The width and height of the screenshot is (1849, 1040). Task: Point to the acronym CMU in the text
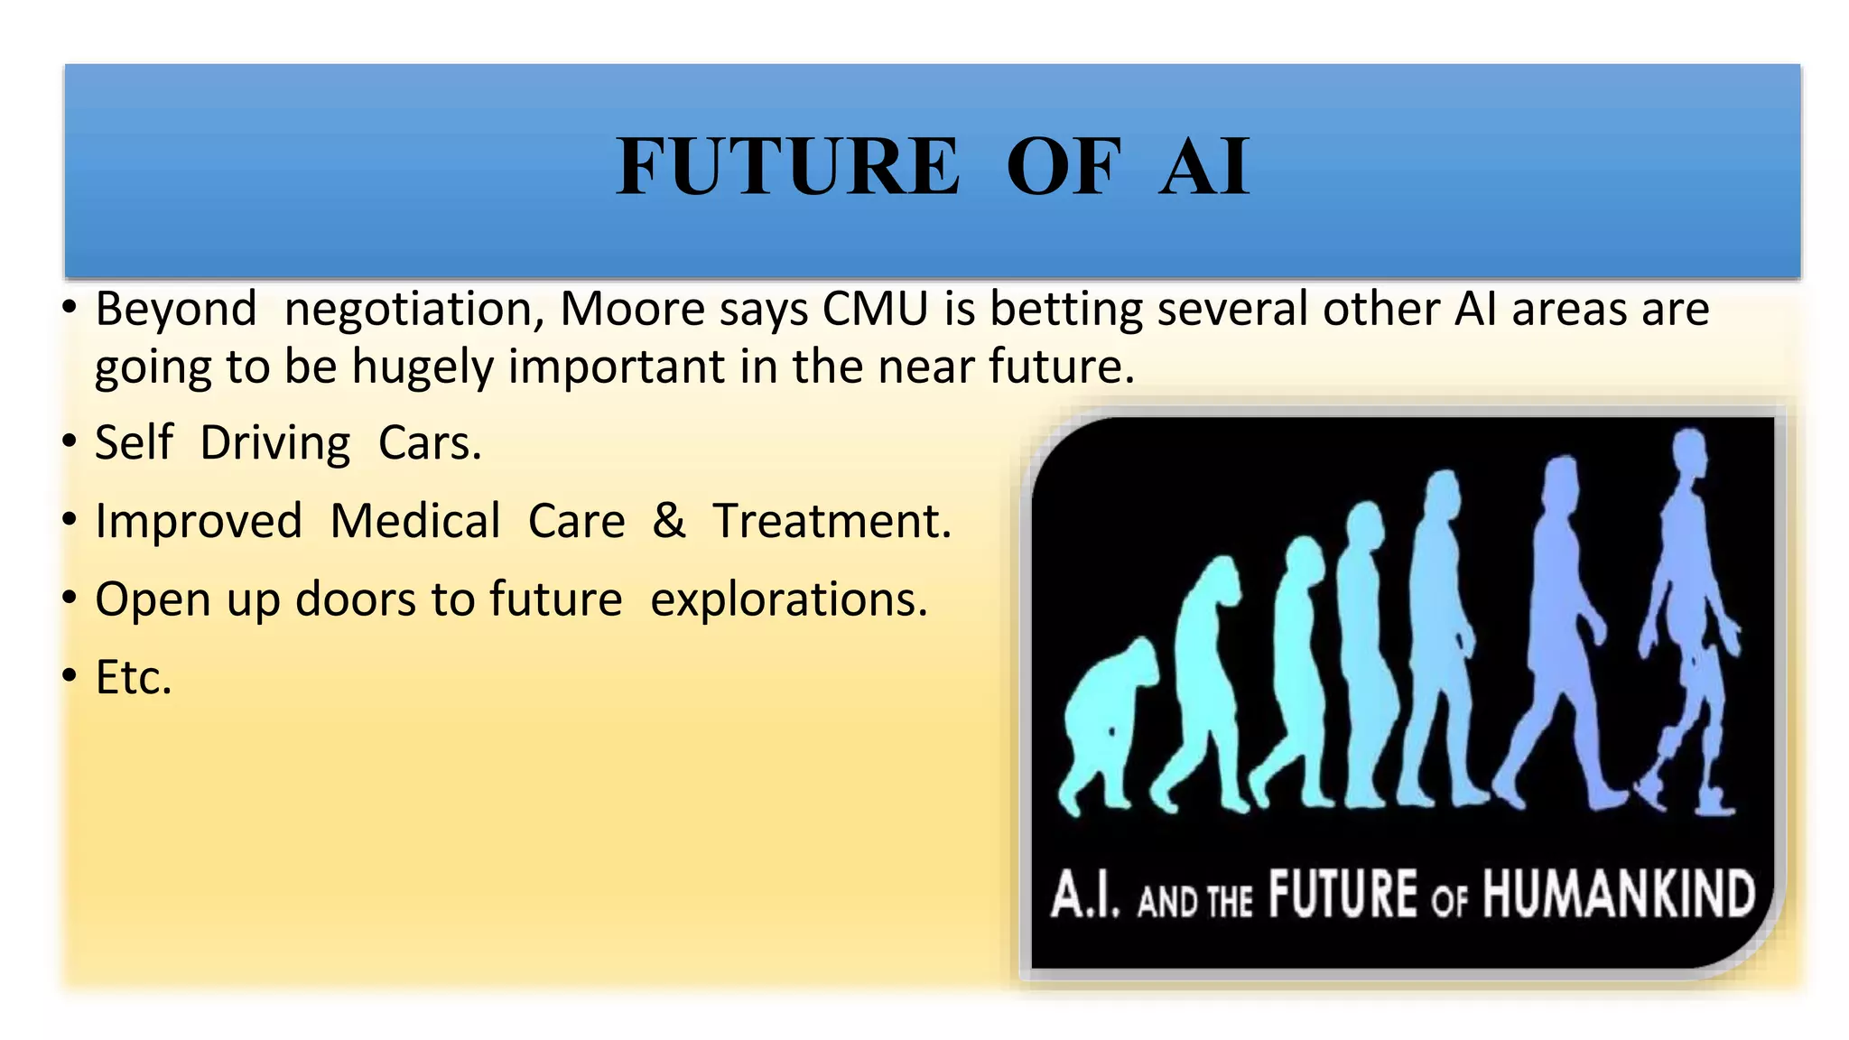875,310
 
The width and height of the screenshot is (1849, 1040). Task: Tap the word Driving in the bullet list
274,444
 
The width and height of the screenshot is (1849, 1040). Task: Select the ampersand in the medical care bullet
668,521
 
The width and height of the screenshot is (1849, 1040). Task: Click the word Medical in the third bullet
415,522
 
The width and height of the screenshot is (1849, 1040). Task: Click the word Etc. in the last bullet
133,678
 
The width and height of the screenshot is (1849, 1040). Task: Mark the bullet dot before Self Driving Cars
70,443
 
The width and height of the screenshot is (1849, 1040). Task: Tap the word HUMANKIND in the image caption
1618,895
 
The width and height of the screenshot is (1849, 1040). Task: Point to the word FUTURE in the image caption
1343,895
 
